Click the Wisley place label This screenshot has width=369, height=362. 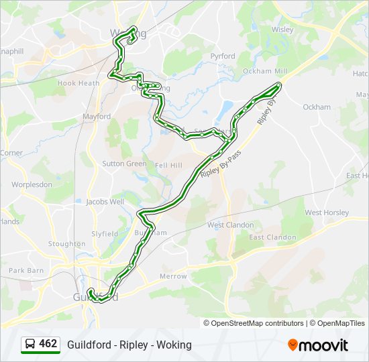tap(282, 29)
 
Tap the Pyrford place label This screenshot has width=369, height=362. tap(223, 56)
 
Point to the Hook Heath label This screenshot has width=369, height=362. tap(78, 83)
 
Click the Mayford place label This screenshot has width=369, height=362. tap(97, 117)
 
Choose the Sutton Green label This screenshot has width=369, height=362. tap(124, 164)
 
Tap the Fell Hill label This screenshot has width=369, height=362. tap(168, 165)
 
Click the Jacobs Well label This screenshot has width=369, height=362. tap(105, 201)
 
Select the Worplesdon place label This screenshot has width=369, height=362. tap(32, 184)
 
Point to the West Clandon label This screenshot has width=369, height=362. tap(230, 225)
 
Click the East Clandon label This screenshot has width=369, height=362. tap(272, 237)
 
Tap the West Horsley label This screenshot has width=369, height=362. tap(327, 213)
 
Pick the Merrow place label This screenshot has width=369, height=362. tap(173, 276)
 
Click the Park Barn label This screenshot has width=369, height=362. tap(26, 271)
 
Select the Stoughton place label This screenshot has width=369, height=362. tap(66, 244)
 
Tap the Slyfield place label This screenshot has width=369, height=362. tap(105, 234)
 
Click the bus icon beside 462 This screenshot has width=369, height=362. tap(30, 345)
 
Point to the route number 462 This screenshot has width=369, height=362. tap(48, 344)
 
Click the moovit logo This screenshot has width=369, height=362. tap(318, 345)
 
